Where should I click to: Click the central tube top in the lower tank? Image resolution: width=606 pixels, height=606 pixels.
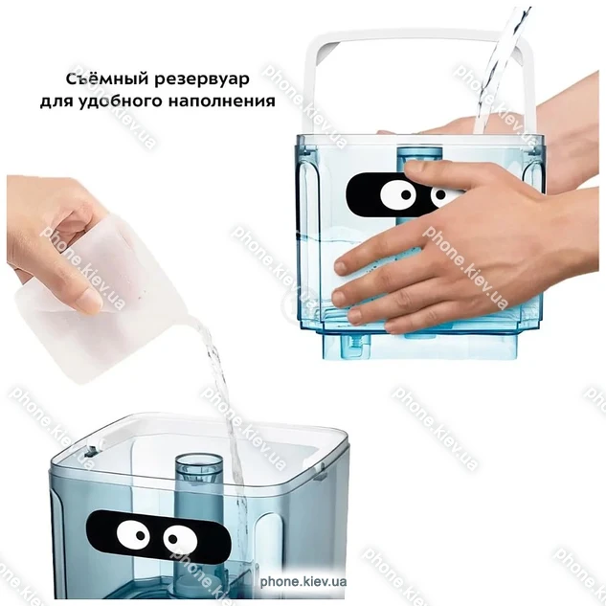pos(199,463)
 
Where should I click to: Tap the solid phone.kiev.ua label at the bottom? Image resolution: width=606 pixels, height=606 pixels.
pos(303,582)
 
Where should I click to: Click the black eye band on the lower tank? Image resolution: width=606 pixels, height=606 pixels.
pos(158,537)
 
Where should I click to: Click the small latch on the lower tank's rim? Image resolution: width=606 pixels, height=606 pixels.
pos(91,451)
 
